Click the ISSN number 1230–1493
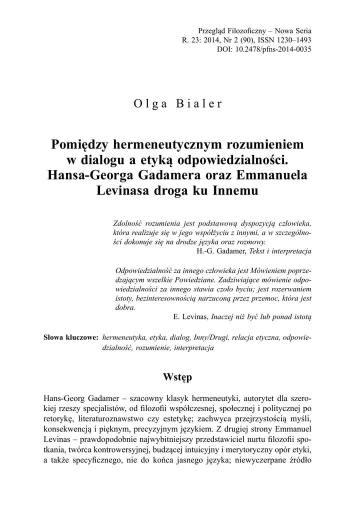pyautogui.click(x=293, y=39)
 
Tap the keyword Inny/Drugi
pyautogui.click(x=207, y=338)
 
